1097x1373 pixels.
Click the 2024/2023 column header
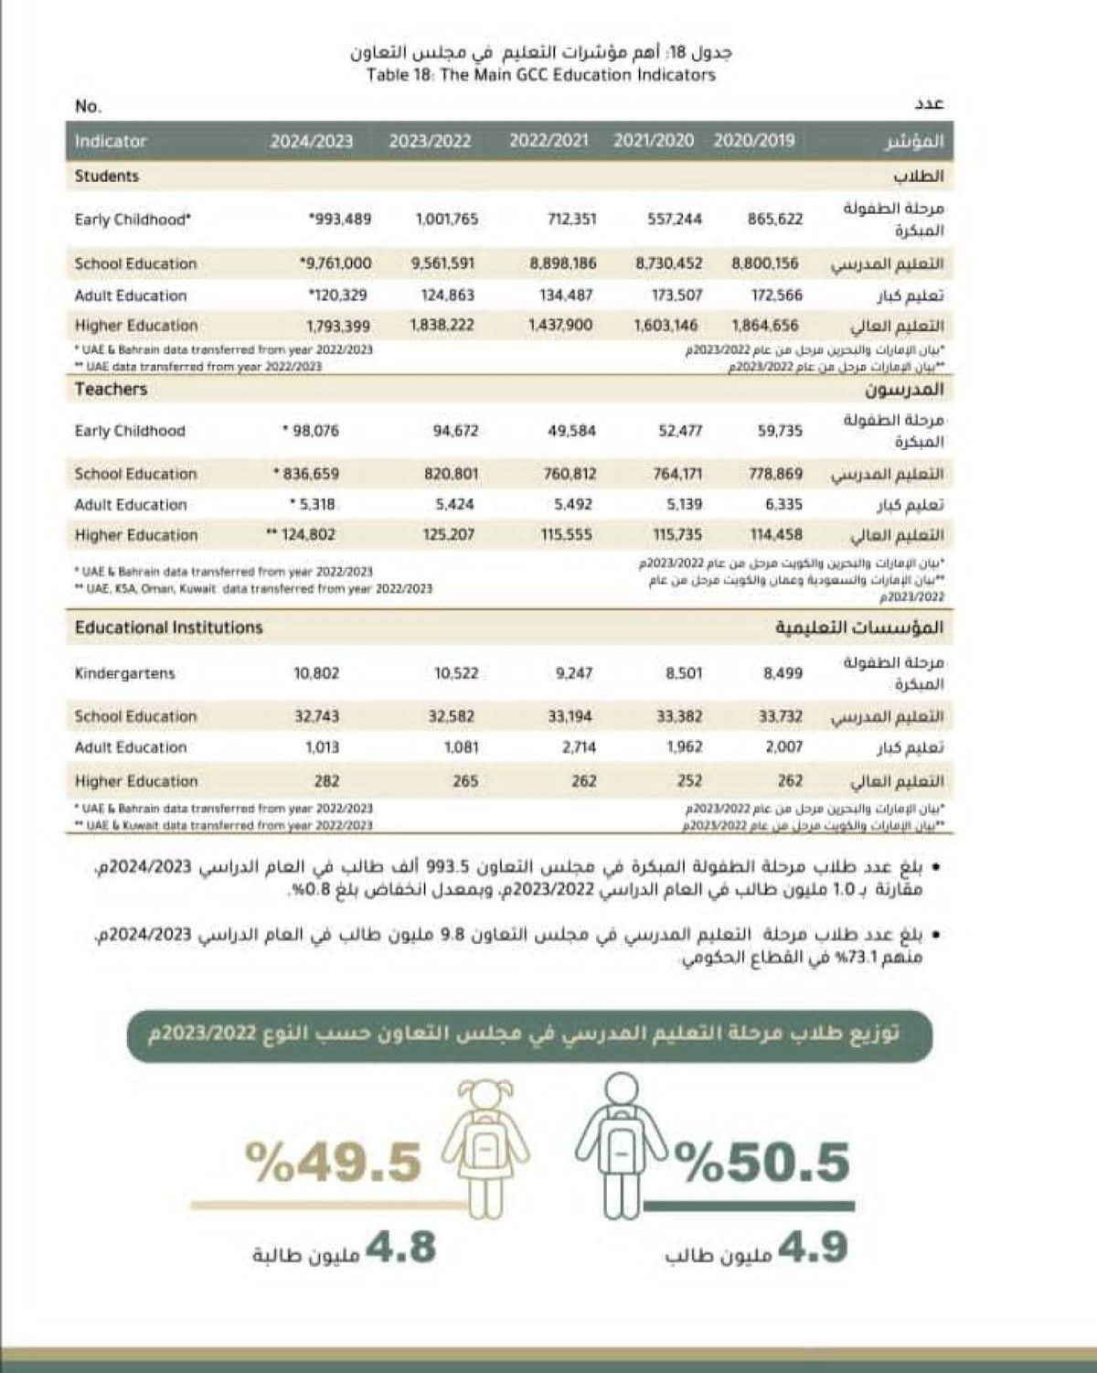(x=311, y=142)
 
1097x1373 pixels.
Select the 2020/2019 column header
(x=753, y=141)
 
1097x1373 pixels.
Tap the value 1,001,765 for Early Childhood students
(x=446, y=220)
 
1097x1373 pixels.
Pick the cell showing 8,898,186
(x=563, y=263)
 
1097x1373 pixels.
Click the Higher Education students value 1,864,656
(x=765, y=326)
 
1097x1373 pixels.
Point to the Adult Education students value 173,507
(x=668, y=295)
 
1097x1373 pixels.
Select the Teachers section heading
(x=111, y=390)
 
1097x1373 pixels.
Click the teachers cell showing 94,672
(x=455, y=431)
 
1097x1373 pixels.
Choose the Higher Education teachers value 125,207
(x=448, y=534)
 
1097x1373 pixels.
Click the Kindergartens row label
(x=124, y=673)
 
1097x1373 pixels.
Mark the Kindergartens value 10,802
(x=316, y=673)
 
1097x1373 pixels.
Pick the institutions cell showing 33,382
(x=679, y=716)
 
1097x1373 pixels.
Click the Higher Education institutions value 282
(x=325, y=781)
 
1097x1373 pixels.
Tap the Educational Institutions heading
(x=168, y=628)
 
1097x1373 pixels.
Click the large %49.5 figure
(x=334, y=1163)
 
